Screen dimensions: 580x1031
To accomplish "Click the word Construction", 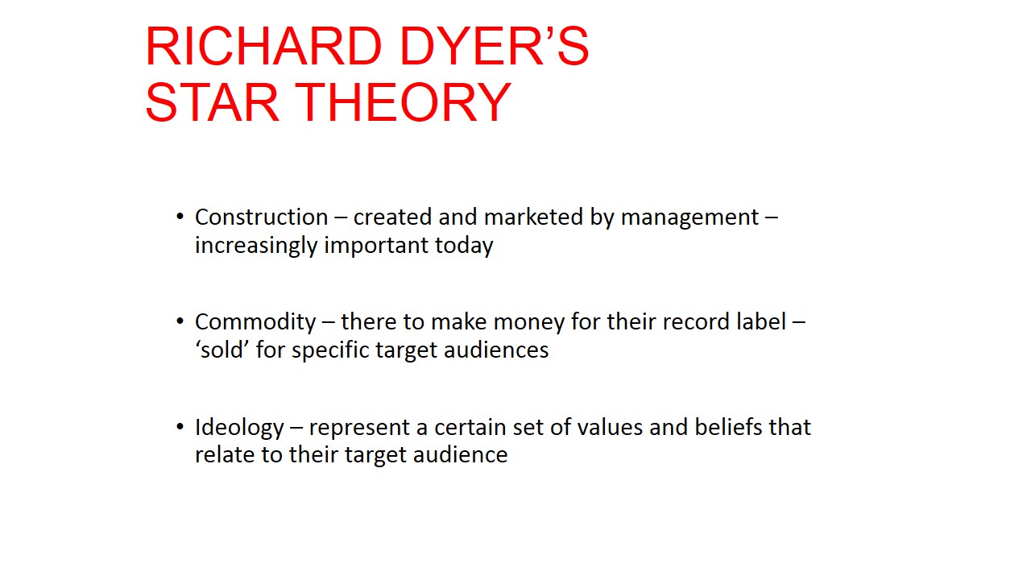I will coord(261,217).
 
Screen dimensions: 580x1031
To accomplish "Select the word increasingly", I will coord(256,245).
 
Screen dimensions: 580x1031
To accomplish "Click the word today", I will coord(464,245).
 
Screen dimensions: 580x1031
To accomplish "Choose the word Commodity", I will coord(255,322).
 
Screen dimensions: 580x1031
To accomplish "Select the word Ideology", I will coord(239,427).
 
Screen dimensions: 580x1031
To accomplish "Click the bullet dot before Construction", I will coord(180,217).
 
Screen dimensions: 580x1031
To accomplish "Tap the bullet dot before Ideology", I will coord(180,427).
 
